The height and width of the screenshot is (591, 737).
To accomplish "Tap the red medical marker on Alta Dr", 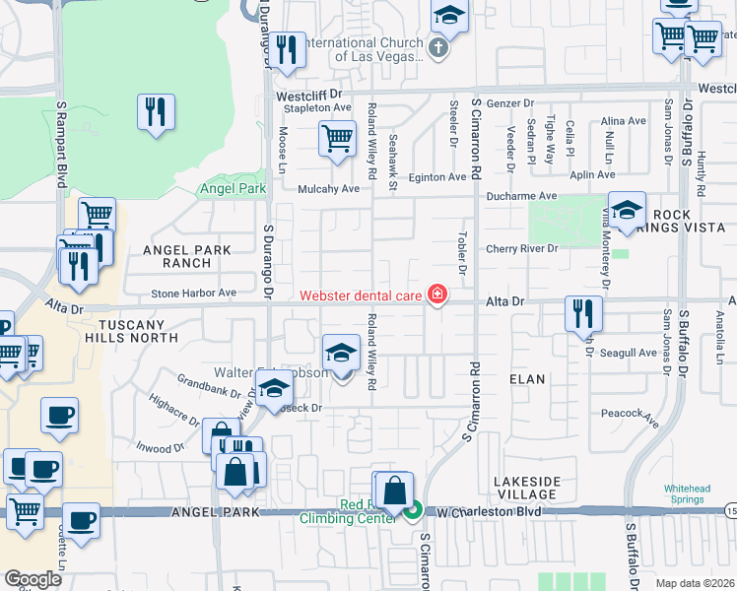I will click(435, 295).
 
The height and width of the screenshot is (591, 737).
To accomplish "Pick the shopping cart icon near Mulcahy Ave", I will click(337, 139).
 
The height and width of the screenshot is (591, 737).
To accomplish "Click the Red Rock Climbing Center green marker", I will click(414, 510).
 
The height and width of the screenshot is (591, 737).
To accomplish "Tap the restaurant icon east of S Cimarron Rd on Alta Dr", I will click(583, 314).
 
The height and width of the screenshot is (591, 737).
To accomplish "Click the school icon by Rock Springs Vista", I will click(627, 210).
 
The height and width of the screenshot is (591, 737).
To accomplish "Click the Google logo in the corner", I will click(33, 579).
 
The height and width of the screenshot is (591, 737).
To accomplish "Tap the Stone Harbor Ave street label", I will click(194, 293).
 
